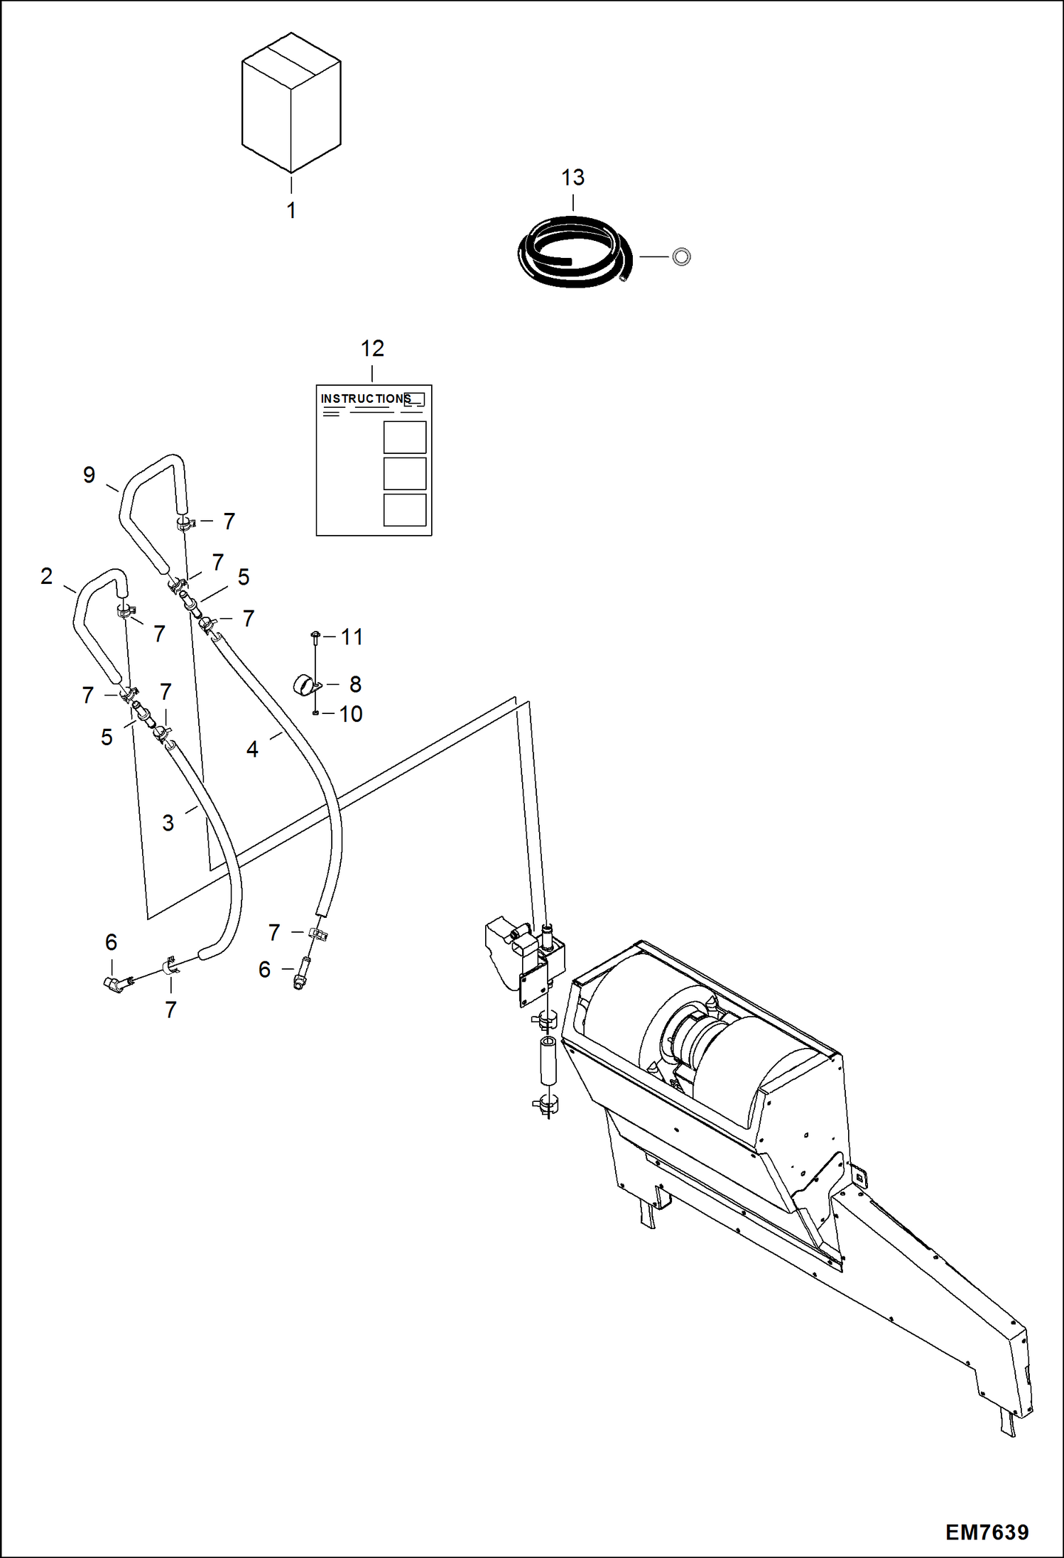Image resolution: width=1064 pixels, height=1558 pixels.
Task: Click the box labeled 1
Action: (x=291, y=103)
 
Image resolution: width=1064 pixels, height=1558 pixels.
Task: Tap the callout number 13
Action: (x=572, y=178)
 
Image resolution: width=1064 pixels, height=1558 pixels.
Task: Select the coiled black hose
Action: (x=574, y=252)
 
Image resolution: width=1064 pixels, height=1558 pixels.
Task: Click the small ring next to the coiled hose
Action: (x=681, y=256)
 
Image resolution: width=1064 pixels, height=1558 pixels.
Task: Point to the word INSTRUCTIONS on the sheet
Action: (x=365, y=399)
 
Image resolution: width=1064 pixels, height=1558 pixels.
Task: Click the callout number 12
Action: (x=372, y=349)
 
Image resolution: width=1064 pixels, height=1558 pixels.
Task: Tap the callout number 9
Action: (x=89, y=475)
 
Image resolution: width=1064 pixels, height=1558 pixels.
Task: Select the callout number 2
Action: (x=47, y=575)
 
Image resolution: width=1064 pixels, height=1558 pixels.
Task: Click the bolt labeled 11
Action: (x=315, y=634)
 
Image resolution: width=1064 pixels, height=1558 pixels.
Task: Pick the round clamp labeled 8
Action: (x=306, y=686)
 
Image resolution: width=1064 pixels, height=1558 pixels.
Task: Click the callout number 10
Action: (x=351, y=714)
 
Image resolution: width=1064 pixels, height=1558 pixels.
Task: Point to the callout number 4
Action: (x=252, y=749)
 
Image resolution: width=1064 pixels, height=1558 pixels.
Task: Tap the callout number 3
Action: (x=168, y=823)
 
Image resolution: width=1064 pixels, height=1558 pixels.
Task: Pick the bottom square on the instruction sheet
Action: (x=404, y=509)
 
